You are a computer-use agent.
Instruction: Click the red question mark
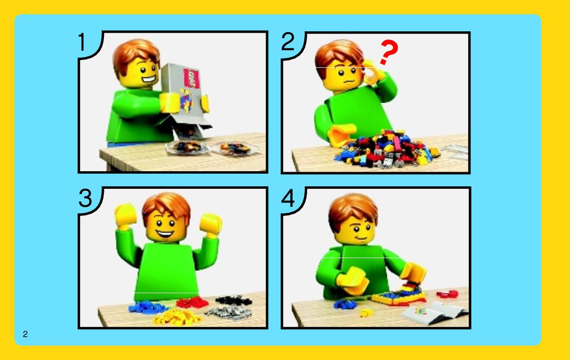pyautogui.click(x=389, y=52)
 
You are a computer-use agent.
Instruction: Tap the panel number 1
pyautogui.click(x=81, y=42)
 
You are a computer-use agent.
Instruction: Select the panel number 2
pyautogui.click(x=288, y=42)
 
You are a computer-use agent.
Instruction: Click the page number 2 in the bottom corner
pyautogui.click(x=25, y=334)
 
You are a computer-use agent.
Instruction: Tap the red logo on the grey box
pyautogui.click(x=191, y=78)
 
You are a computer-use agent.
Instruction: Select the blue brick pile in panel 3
pyautogui.click(x=147, y=307)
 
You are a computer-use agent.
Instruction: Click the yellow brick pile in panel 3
pyautogui.click(x=177, y=317)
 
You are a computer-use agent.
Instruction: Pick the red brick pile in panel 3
pyautogui.click(x=192, y=302)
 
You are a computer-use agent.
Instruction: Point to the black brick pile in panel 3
pyautogui.click(x=234, y=300)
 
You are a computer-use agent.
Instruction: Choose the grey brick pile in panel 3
pyautogui.click(x=229, y=312)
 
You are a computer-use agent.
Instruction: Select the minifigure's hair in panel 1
pyautogui.click(x=137, y=55)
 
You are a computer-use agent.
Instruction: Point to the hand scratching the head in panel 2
pyautogui.click(x=373, y=73)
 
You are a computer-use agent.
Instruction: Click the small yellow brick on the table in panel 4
pyautogui.click(x=366, y=312)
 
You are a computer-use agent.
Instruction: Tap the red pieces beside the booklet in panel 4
pyautogui.click(x=447, y=294)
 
